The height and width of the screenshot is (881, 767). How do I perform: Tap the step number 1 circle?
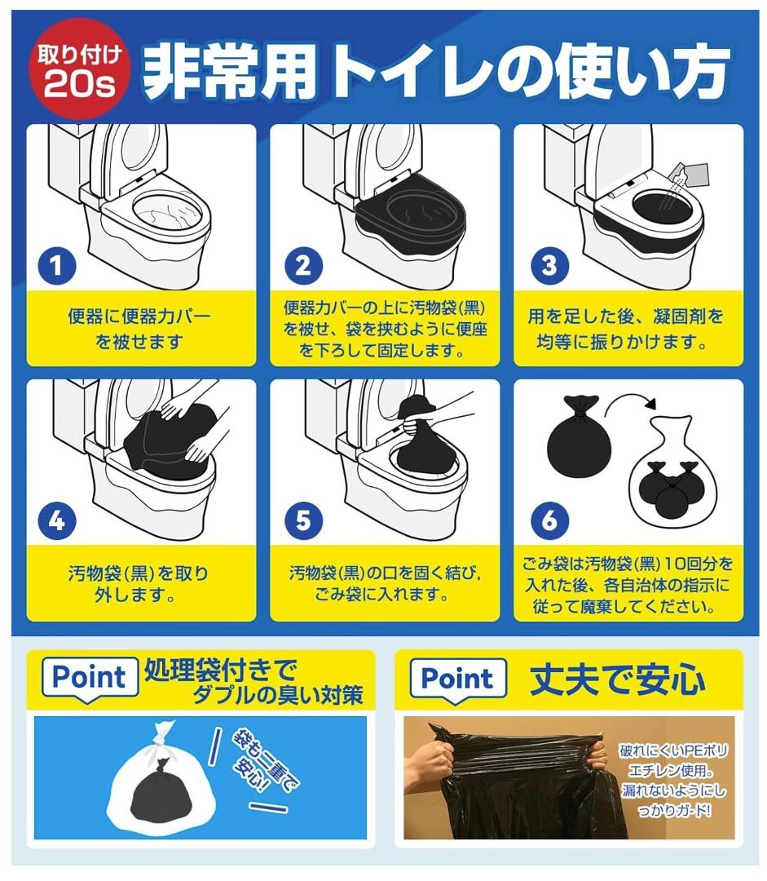[56, 266]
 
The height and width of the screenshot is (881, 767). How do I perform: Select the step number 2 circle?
[302, 266]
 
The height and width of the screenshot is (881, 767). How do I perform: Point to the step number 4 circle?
[56, 520]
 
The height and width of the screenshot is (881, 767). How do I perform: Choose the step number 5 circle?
[302, 520]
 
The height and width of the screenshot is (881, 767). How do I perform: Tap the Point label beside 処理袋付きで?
[89, 677]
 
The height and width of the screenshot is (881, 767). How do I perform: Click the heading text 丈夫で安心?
[618, 679]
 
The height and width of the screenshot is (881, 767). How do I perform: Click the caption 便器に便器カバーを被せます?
[140, 328]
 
